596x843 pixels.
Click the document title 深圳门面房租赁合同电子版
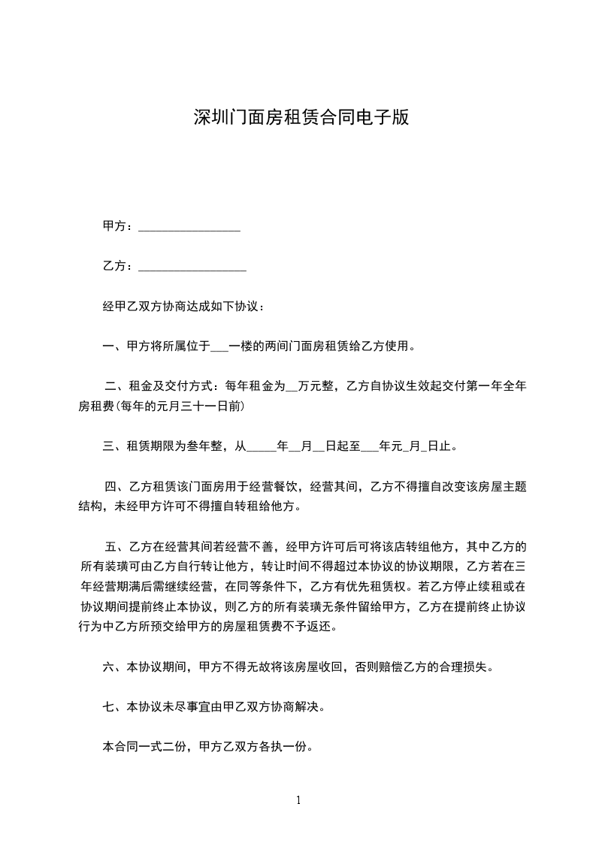[301, 117]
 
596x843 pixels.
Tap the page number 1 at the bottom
[298, 800]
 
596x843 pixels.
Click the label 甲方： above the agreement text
[119, 227]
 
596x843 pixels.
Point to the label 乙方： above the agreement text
[119, 267]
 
